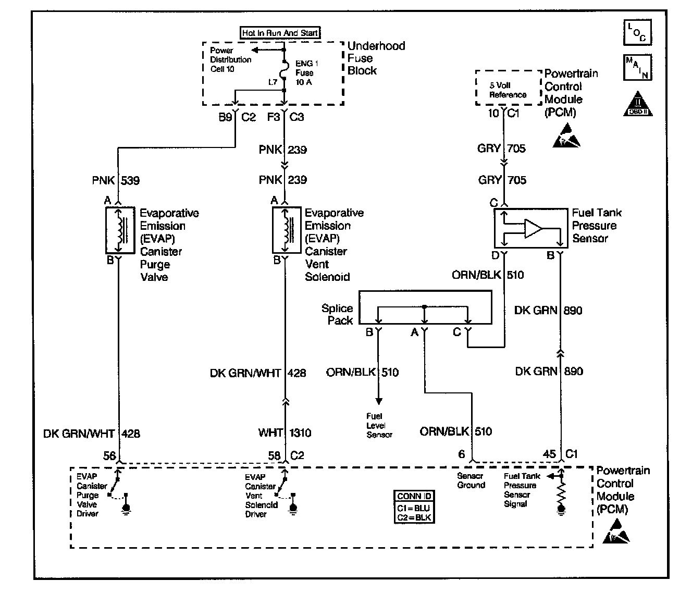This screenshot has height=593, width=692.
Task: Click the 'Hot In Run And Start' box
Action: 280,33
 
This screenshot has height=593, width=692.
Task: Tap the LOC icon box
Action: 637,32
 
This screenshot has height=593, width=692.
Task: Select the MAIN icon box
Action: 637,67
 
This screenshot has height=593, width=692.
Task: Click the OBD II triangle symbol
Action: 637,104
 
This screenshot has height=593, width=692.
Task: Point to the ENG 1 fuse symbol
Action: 284,70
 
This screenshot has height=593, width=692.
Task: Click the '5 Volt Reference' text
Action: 508,90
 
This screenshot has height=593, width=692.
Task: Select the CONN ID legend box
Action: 414,506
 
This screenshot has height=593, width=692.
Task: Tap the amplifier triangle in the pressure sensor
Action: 533,229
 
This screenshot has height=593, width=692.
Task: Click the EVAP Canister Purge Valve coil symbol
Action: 120,230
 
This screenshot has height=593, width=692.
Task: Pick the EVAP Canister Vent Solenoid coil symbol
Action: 287,230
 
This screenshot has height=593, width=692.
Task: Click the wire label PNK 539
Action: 116,180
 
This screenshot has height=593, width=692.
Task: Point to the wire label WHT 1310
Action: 285,433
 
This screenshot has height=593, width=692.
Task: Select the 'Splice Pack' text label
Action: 337,314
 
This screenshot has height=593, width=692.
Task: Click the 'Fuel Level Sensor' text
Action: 379,425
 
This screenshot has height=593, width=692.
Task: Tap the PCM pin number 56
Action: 109,455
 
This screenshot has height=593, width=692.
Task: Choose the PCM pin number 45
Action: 549,454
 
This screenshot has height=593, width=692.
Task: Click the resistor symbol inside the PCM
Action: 561,492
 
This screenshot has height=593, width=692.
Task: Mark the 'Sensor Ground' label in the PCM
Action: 471,480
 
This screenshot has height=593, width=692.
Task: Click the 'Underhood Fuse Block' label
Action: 376,58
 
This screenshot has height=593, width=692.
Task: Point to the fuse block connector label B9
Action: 225,117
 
